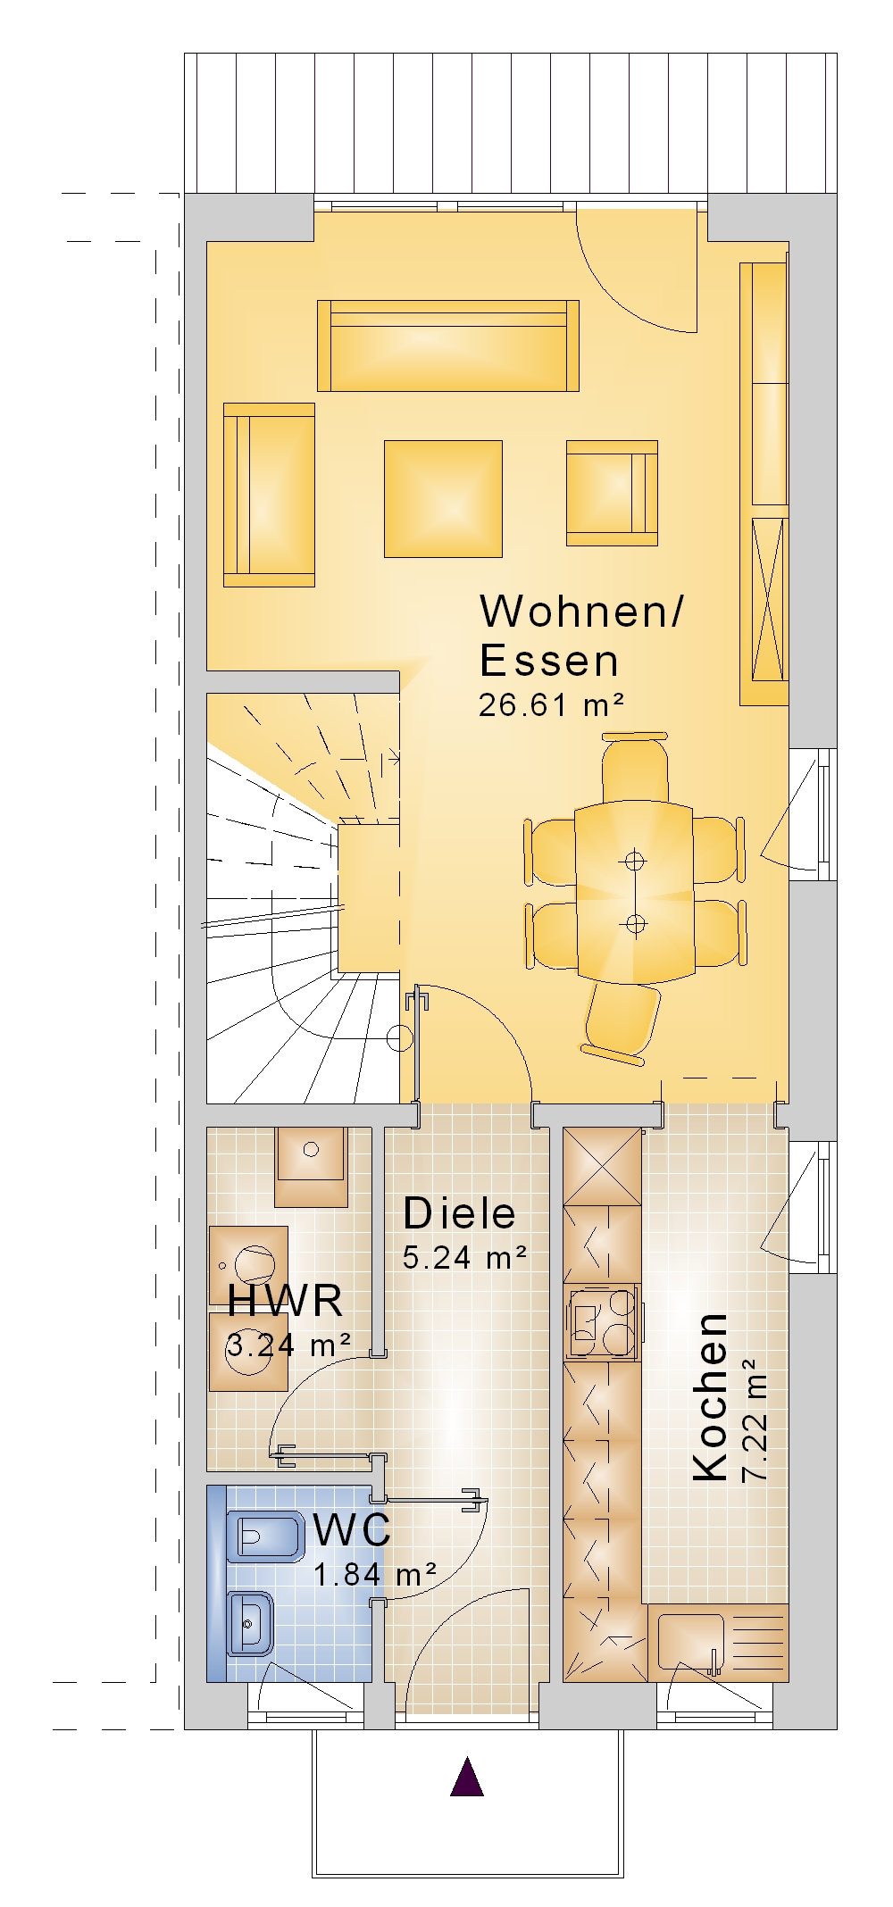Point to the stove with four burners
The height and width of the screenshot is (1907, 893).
603,1320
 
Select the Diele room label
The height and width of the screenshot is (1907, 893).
459,1213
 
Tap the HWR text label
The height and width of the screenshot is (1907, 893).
285,1301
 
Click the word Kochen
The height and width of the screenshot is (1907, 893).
711,1397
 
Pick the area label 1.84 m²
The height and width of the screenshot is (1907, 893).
375,1573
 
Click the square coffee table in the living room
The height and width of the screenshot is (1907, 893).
443,498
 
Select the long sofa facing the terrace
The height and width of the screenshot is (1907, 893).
448,346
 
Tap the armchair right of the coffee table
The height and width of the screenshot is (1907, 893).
612,492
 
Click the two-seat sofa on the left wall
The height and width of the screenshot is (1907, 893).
269,495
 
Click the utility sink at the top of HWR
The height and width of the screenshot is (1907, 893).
311,1167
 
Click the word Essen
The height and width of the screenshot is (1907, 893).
549,661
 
